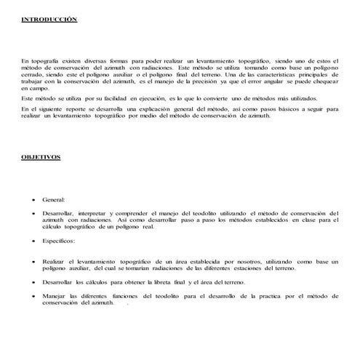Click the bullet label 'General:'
tap(54, 198)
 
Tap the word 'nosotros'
tap(240, 260)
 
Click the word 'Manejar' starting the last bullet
tap(55, 295)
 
